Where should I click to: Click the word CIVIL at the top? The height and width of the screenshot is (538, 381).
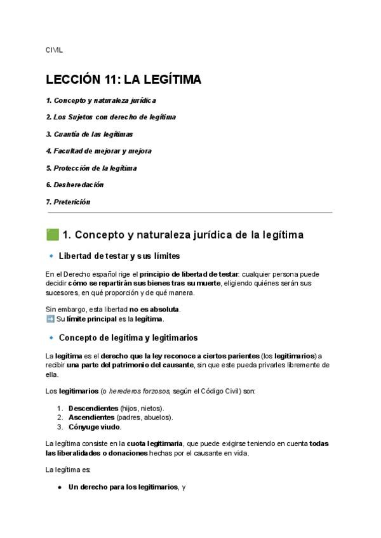tap(55, 49)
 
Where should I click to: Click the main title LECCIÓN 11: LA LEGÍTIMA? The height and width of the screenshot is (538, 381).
tap(124, 79)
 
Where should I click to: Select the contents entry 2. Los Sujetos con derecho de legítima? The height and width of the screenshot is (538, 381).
tap(111, 117)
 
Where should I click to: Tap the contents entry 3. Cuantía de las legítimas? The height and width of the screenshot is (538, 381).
tap(90, 134)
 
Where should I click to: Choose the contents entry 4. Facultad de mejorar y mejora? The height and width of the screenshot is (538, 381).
tap(98, 151)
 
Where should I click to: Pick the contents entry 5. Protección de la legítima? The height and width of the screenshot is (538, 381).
tap(91, 168)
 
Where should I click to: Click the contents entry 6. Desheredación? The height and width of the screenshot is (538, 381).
tap(75, 185)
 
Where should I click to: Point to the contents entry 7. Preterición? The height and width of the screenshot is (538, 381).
tap(69, 202)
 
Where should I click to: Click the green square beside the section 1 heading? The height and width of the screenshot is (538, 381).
tap(53, 235)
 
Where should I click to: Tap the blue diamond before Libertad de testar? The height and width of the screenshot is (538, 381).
tap(50, 256)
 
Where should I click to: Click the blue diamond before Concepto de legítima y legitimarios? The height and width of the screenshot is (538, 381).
tap(50, 338)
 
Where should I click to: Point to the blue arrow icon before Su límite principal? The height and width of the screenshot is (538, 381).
tap(50, 319)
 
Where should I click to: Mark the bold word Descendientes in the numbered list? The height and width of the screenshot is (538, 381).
tap(93, 408)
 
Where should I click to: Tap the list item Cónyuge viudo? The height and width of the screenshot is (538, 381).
tap(95, 427)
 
